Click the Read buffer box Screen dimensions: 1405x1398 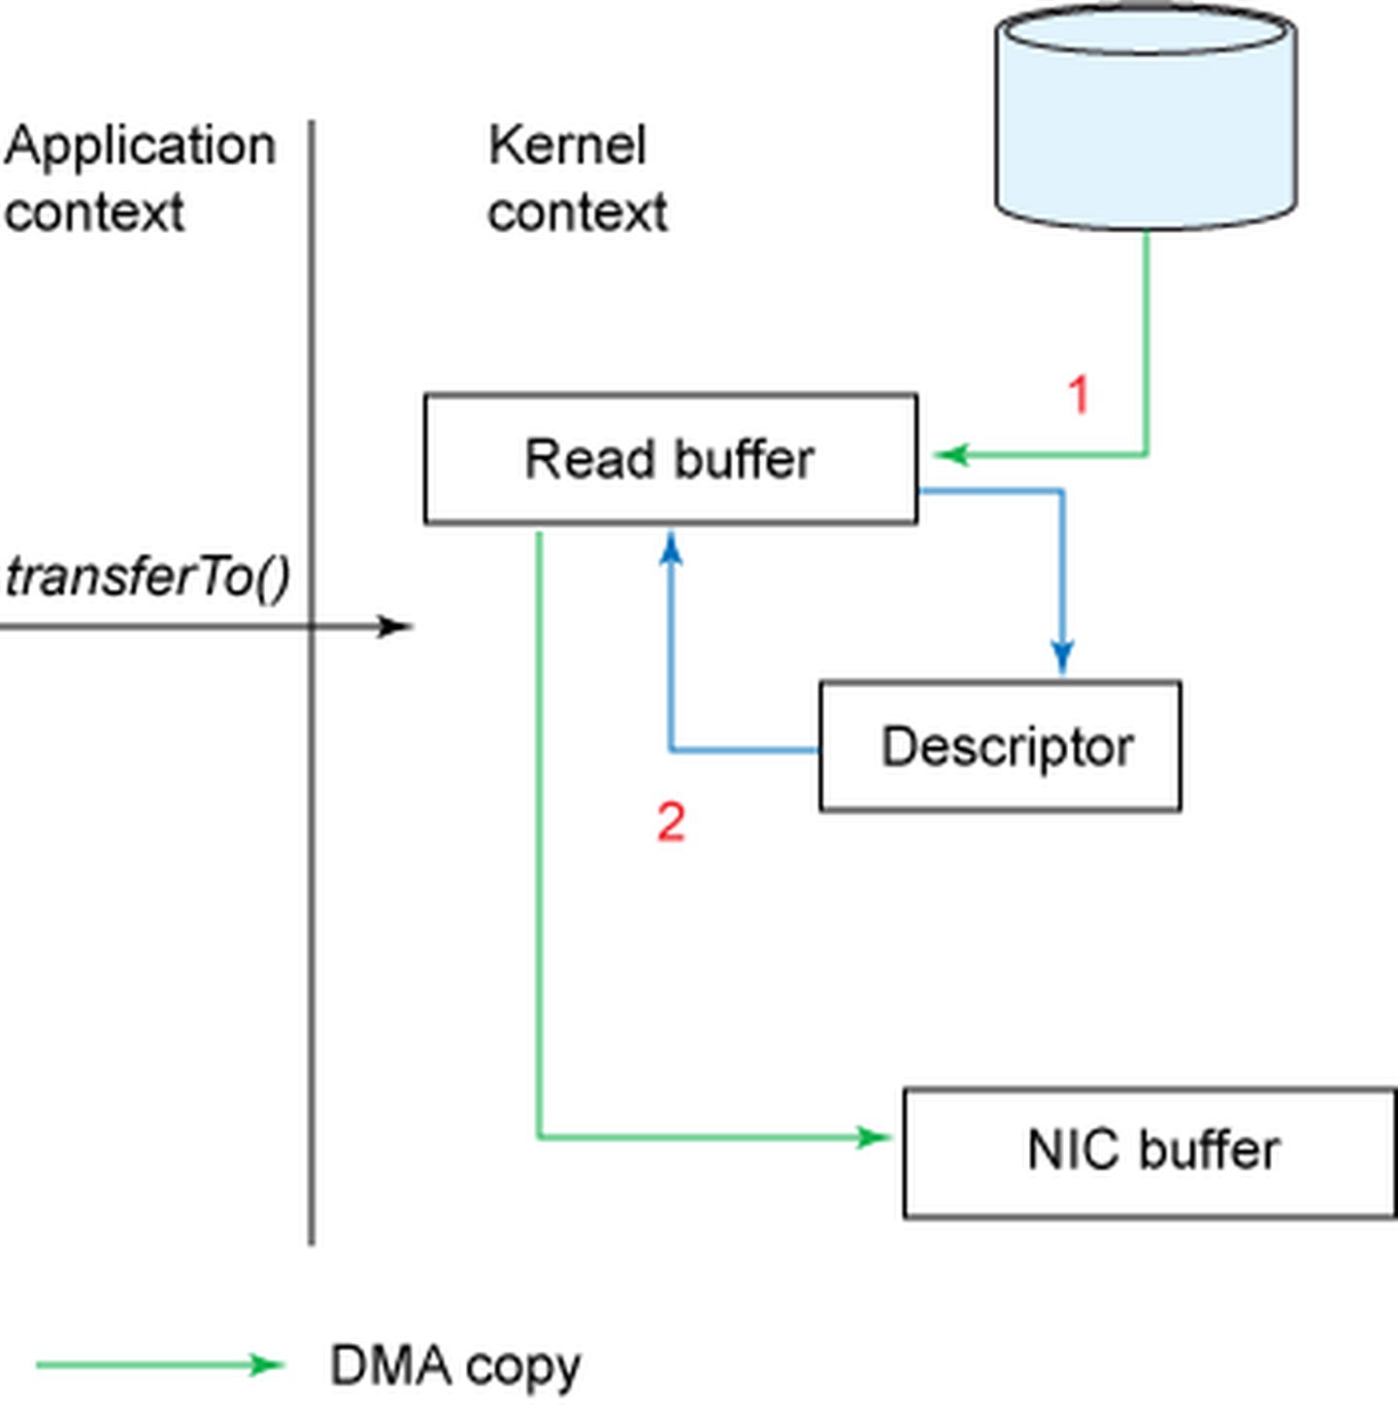[670, 459]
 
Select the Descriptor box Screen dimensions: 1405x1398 [1000, 746]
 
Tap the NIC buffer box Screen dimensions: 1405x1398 [1149, 1153]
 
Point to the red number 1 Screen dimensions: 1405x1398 [1079, 395]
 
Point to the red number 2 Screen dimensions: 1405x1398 [671, 822]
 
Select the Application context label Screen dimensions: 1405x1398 [140, 179]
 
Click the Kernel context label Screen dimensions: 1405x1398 [577, 179]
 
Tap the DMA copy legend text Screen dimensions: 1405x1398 [455, 1366]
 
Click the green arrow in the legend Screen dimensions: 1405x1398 [160, 1365]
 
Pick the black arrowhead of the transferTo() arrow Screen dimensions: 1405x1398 [396, 627]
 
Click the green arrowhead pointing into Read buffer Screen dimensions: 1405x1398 [951, 454]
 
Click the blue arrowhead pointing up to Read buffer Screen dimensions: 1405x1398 [671, 547]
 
